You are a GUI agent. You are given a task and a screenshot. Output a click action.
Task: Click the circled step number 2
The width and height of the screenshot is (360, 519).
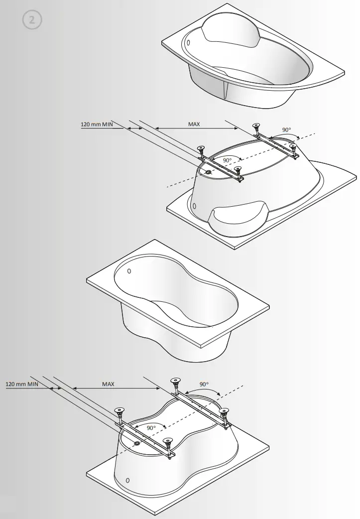[32, 20]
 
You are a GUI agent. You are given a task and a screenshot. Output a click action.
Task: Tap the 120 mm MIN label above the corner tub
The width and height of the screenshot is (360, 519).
[98, 125]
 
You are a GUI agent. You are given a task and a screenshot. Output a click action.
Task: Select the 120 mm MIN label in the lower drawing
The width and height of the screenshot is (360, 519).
[22, 384]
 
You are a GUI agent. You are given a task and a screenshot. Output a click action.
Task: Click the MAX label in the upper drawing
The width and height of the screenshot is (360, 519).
[194, 124]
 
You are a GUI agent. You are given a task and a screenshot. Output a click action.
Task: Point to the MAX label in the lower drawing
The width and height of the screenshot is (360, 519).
[108, 384]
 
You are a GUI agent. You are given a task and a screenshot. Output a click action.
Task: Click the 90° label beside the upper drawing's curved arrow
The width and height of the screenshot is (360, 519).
[286, 130]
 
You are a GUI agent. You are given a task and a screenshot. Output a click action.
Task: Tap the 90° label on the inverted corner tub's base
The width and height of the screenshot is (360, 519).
[227, 160]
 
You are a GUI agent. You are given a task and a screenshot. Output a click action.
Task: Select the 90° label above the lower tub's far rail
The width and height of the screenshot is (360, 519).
[204, 385]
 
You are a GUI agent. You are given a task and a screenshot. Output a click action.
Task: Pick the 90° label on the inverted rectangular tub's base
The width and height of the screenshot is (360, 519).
[151, 427]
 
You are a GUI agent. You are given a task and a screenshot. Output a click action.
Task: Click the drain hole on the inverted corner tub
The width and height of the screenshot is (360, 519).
[208, 171]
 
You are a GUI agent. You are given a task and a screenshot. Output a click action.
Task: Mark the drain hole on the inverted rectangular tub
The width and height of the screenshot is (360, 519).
[137, 442]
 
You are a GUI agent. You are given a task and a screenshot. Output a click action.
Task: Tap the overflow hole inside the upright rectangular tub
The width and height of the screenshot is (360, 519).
[129, 271]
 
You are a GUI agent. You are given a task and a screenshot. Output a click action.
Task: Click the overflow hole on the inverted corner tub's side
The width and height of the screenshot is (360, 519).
[194, 206]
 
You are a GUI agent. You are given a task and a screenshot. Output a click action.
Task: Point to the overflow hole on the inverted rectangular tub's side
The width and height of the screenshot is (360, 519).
[128, 480]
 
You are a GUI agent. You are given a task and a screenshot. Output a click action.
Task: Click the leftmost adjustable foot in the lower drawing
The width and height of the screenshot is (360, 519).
[119, 412]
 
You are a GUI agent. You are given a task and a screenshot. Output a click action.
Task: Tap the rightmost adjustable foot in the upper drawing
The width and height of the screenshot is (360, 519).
[294, 148]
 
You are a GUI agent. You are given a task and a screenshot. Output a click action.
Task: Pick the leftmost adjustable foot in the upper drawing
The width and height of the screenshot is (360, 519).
[202, 149]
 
